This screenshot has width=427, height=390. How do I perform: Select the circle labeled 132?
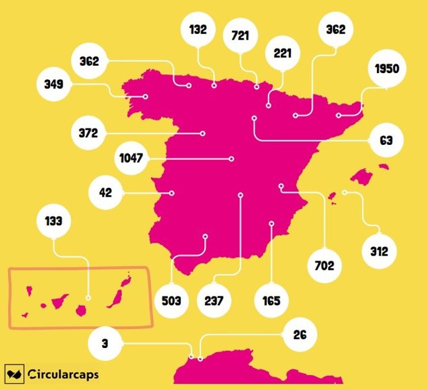[199, 29]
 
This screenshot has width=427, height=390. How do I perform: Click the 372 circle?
[88, 132]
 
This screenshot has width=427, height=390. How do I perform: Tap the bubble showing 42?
[105, 193]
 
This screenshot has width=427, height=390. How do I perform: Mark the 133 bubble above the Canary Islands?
[54, 220]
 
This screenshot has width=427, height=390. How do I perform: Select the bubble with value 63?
[386, 141]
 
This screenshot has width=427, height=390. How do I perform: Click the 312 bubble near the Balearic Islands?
[379, 251]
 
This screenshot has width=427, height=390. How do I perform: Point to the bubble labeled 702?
[324, 266]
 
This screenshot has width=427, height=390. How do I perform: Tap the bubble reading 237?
[214, 301]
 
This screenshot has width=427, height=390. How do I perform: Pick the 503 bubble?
[171, 301]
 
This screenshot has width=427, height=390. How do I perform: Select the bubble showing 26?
[300, 336]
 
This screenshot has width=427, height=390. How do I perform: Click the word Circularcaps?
[64, 375]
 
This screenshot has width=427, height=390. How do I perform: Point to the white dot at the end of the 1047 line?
[231, 159]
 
